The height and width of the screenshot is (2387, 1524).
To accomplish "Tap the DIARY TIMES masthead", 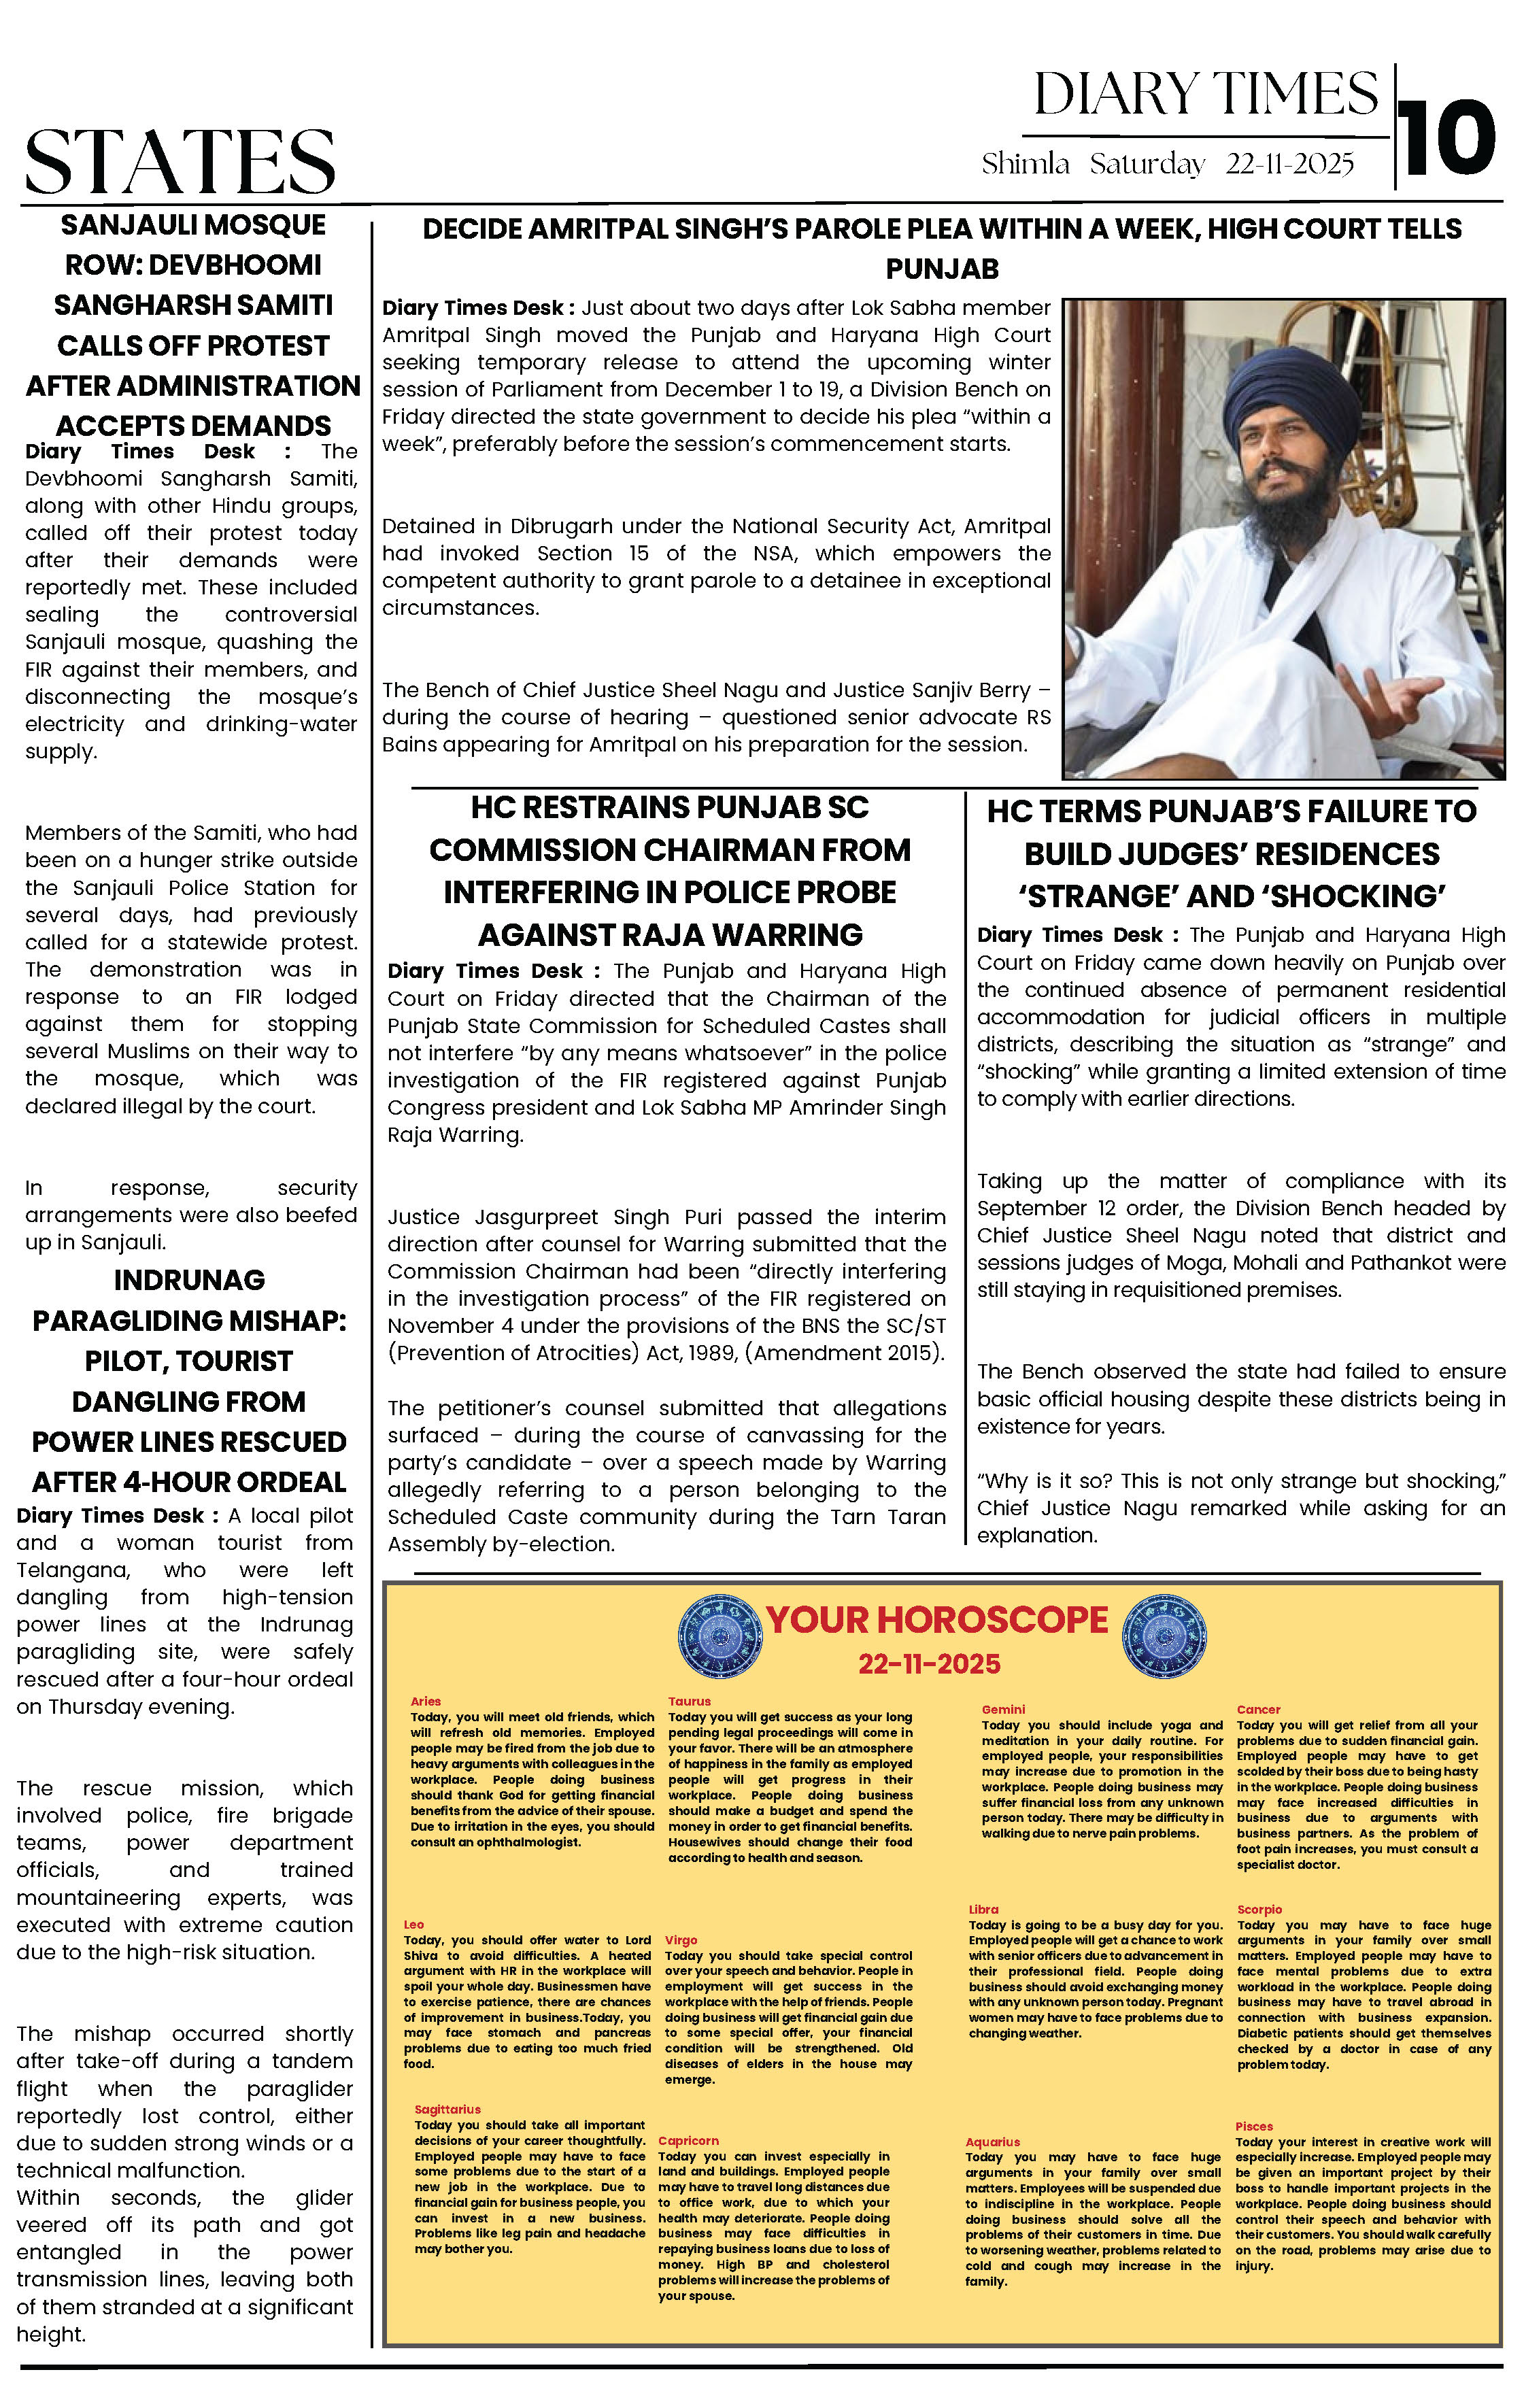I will (1206, 95).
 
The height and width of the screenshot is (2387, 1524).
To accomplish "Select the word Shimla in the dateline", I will (1026, 164).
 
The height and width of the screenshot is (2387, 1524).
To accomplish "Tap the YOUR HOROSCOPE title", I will (937, 1620).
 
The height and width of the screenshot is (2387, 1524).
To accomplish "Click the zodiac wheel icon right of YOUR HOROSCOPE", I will (1164, 1636).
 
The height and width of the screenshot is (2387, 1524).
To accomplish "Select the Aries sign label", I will (425, 1701).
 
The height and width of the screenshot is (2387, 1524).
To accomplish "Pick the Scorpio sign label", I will (1259, 1909).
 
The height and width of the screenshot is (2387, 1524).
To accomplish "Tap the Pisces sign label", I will (1253, 2127).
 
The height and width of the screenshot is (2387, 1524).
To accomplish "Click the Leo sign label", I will (413, 1924).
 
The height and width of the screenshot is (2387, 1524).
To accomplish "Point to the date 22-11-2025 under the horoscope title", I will (929, 1664).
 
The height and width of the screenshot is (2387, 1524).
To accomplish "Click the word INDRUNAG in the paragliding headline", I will (189, 1280).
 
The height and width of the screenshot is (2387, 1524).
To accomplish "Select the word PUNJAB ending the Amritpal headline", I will (942, 269).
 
